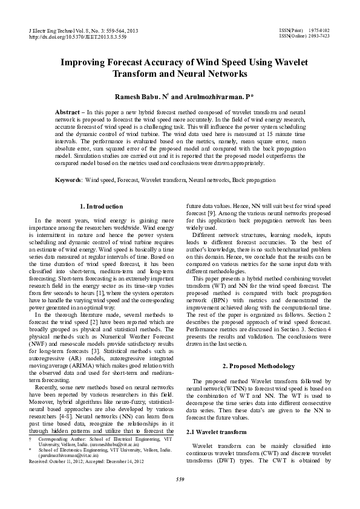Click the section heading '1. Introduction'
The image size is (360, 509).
tap(102, 207)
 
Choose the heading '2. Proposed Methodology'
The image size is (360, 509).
tap(259, 366)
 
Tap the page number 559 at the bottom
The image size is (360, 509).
tap(180, 481)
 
